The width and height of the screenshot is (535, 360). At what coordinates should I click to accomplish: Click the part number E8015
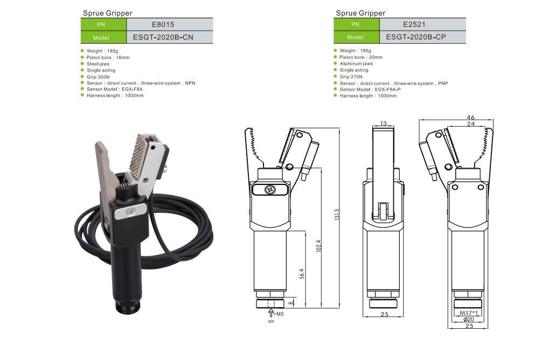(163, 25)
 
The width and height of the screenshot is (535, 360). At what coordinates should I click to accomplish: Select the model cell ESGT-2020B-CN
(163, 37)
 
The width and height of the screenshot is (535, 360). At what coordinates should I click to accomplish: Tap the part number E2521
(414, 24)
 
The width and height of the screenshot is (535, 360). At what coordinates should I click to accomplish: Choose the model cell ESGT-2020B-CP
(416, 37)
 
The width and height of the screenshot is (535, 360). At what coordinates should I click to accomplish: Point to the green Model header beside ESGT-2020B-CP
(356, 37)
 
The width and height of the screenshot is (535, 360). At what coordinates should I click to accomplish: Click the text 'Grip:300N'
(98, 77)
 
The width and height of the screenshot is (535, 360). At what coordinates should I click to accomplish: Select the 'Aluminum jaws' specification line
(356, 64)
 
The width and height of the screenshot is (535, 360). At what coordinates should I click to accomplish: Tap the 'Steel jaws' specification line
(98, 64)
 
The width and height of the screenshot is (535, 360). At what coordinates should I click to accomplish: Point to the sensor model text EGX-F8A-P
(387, 89)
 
